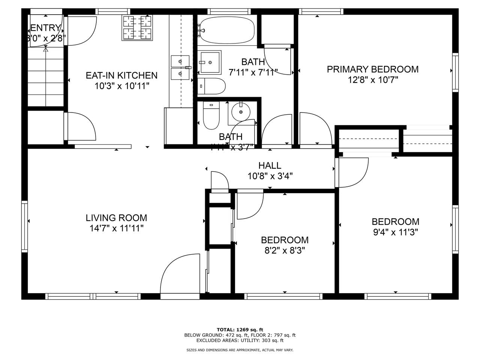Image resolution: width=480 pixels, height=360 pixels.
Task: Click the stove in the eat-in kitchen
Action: point(137,27)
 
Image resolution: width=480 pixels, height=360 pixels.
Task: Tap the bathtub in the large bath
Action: point(227,31)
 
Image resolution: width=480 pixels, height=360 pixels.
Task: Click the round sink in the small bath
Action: point(240,111)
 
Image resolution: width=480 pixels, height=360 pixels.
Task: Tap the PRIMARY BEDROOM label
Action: point(372,69)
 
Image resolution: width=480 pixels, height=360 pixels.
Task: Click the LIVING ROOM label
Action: point(116,218)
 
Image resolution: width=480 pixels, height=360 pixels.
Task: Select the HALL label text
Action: point(270,165)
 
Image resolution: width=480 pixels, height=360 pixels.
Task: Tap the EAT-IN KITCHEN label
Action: point(122,75)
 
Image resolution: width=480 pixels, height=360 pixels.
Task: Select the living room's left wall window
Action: point(25,227)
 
